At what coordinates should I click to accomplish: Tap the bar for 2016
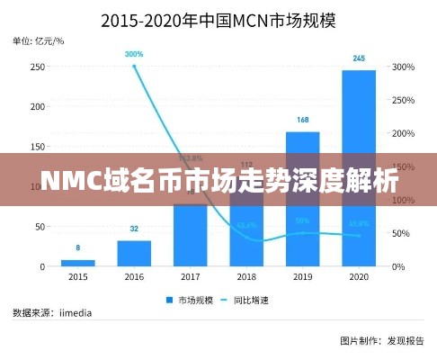pos(134,253)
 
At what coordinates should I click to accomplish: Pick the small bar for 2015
pos(78,263)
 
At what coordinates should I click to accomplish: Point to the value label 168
pos(302,120)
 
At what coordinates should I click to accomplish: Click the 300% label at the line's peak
pos(134,54)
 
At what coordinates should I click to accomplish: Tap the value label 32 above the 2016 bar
pos(134,229)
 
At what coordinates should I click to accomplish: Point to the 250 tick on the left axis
pos(39,67)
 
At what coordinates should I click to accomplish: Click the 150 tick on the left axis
pos(39,147)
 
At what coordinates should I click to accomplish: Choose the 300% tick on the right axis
pos(403,67)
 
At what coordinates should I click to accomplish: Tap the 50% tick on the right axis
pos(401,233)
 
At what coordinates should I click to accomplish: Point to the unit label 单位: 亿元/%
pos(38,40)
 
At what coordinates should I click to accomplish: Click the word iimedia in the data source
pos(78,312)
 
